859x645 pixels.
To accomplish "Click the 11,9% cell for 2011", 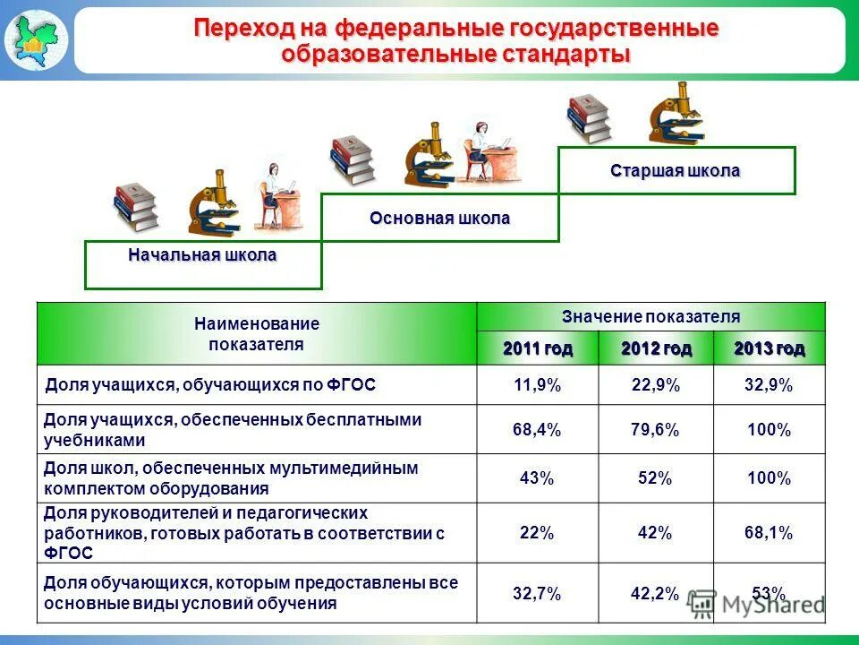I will [x=537, y=385].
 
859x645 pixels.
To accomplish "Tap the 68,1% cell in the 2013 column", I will [x=769, y=533].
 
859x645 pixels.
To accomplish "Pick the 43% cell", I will [x=537, y=478].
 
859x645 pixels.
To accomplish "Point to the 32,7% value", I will [x=537, y=593].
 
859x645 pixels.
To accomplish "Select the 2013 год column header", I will [x=769, y=348].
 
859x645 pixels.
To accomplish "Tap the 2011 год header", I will [x=537, y=348].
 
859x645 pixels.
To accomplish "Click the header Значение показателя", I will [x=651, y=317].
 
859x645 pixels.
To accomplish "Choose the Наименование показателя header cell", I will [x=256, y=333].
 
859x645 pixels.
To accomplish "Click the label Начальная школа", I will [x=202, y=256].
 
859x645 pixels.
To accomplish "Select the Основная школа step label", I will [x=439, y=219].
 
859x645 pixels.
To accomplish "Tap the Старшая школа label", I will [x=676, y=170].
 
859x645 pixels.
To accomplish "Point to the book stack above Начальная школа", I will [x=135, y=207].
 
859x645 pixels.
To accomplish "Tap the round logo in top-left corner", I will [x=35, y=39].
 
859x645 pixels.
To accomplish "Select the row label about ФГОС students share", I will [x=210, y=385].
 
